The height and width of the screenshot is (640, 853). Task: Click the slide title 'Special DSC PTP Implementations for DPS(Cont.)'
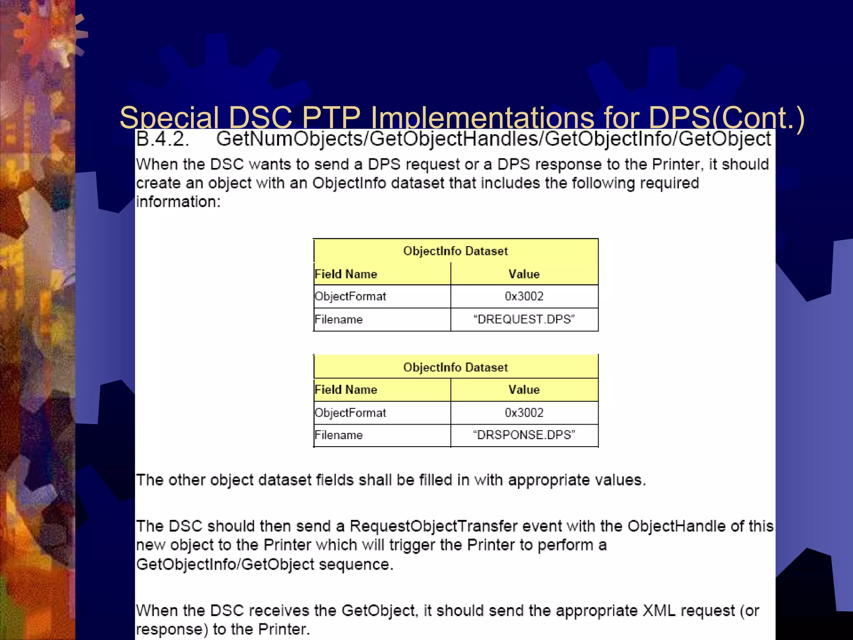pos(461,117)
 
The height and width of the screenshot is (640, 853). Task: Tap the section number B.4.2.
pos(163,139)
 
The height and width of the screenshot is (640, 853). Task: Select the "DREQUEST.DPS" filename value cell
pos(524,320)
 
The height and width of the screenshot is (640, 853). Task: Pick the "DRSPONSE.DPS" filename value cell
pos(524,435)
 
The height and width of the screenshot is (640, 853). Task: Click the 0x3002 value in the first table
pos(524,296)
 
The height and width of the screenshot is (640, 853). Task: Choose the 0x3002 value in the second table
pos(524,412)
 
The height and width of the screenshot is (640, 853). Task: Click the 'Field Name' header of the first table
pos(346,274)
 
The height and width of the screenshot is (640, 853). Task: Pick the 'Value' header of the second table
pos(524,390)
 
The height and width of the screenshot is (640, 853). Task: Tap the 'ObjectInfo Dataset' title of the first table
pos(455,251)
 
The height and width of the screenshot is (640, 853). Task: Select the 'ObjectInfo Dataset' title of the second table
pos(455,367)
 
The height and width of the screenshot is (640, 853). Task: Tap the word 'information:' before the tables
pos(178,202)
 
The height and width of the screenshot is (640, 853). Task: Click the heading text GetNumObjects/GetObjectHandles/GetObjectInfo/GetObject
pos(493,139)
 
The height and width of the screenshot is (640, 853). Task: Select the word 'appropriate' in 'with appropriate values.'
pos(549,480)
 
